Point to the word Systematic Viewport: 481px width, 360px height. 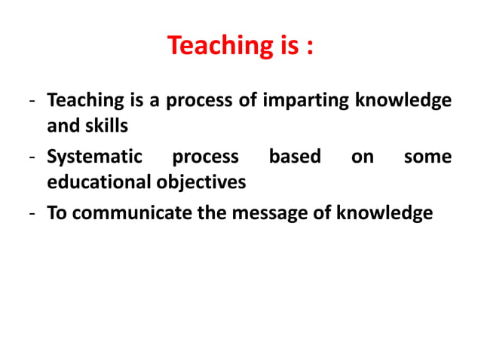[94, 157]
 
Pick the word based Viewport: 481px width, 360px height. [295, 157]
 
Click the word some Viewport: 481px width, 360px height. [427, 157]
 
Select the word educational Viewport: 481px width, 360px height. [100, 182]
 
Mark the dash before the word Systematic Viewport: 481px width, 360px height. [33, 158]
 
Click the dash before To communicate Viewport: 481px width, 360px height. [33, 214]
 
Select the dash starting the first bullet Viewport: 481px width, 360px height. [33, 102]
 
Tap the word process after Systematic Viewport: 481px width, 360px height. [206, 157]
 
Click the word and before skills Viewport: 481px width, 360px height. [62, 125]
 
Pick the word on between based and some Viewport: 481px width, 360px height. [363, 157]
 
